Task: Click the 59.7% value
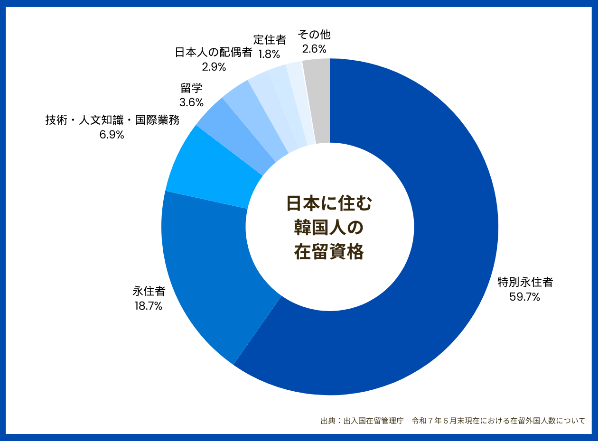[x=525, y=297]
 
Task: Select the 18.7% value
[x=149, y=306]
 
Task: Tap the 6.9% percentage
[x=112, y=135]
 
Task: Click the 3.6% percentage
[x=192, y=102]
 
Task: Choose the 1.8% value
[x=269, y=54]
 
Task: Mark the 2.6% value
[x=314, y=49]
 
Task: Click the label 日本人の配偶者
[x=214, y=52]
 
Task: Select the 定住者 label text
[x=270, y=40]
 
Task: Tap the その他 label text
[x=314, y=35]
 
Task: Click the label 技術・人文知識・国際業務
[x=112, y=120]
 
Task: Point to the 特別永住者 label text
[x=525, y=283]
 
